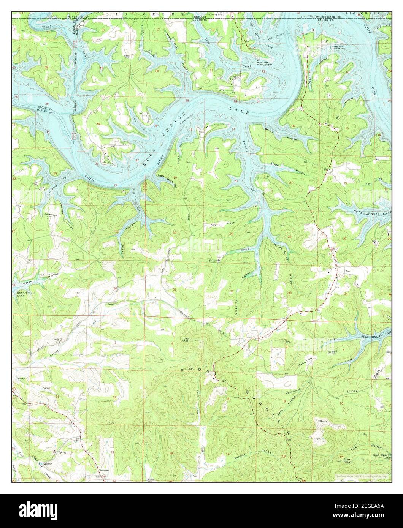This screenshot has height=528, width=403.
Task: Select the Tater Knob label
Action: tap(347, 460)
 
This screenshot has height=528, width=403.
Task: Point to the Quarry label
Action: tap(324, 421)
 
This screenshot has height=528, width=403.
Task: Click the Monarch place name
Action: tap(105, 470)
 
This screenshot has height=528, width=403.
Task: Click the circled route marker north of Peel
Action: tap(332, 248)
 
